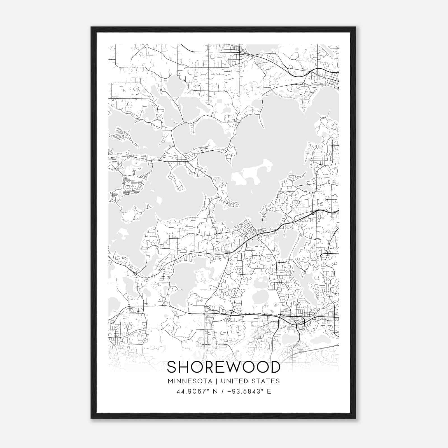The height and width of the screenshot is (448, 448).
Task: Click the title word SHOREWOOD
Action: (223, 367)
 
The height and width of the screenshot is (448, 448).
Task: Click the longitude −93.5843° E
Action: (249, 391)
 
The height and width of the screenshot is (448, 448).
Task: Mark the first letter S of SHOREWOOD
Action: (172, 367)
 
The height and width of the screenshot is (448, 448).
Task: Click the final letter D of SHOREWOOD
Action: (275, 367)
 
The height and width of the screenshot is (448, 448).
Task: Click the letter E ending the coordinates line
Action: (269, 391)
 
